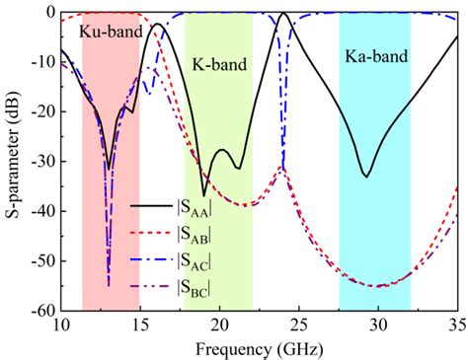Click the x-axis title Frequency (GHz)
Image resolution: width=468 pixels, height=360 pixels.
click(x=259, y=348)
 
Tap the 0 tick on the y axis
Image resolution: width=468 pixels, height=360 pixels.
click(x=47, y=12)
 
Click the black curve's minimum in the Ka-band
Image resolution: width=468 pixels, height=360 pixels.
click(x=366, y=177)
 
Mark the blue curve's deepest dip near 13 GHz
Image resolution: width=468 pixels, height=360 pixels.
click(x=109, y=284)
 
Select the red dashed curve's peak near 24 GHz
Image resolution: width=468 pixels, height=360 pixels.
click(x=282, y=168)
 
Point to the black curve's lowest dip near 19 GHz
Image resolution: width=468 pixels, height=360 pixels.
click(x=204, y=194)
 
